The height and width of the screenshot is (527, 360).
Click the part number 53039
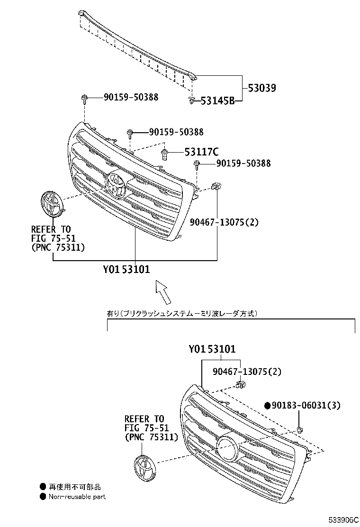(261, 88)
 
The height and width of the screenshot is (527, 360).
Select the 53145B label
(217, 100)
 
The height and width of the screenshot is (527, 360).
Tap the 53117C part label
(201, 152)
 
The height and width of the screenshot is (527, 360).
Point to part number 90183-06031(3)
(306, 405)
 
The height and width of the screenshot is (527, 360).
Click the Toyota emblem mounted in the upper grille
(116, 184)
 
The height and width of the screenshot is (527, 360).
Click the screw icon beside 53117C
(165, 153)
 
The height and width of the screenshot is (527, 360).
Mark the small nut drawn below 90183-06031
(300, 430)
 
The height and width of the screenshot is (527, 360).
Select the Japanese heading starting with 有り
(182, 313)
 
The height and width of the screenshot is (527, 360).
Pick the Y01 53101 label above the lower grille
(212, 349)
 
